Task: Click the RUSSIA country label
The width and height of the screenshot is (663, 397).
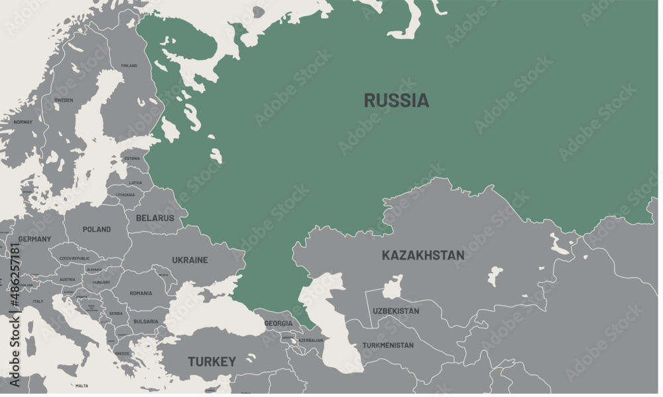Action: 396,100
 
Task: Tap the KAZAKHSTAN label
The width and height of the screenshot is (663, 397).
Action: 422,255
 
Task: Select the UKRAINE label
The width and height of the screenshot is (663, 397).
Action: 190,260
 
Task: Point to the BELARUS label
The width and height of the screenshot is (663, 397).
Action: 154,218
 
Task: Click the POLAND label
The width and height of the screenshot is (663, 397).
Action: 97,230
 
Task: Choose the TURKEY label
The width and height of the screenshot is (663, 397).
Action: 211,362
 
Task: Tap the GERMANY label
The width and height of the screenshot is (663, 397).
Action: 34,239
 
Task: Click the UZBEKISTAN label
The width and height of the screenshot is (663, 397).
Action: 396,311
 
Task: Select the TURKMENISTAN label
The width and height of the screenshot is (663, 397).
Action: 388,345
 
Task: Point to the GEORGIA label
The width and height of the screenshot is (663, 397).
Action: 278,323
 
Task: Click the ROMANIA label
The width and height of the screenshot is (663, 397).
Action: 141,293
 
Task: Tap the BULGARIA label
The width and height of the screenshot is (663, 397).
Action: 146,321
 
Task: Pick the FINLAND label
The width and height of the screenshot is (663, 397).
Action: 129,66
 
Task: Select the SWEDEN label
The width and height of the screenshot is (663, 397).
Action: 64,100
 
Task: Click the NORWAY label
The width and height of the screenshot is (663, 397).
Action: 23,122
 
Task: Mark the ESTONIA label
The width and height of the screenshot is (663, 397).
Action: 133,159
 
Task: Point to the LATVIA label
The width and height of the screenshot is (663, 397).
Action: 135,183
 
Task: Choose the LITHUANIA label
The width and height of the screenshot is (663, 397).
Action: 125,195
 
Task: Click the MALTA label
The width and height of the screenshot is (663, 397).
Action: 82,386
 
